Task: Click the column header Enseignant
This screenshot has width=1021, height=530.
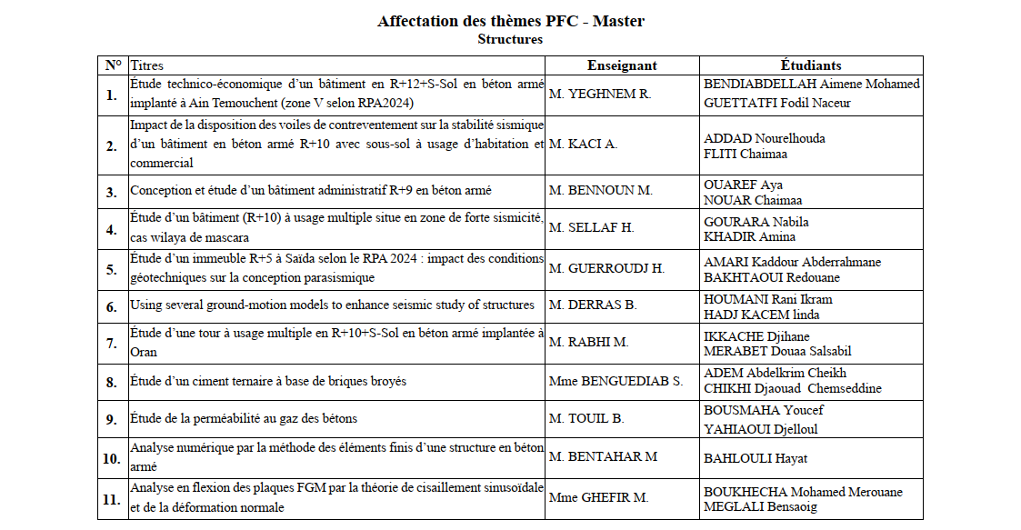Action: coord(622,65)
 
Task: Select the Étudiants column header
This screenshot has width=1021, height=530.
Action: coord(810,65)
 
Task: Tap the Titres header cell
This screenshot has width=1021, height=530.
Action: coord(147,65)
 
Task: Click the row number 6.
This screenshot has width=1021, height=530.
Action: coord(112,307)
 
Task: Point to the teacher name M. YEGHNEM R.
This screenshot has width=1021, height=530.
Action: coord(601,94)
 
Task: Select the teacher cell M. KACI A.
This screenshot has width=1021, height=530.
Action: coord(584,145)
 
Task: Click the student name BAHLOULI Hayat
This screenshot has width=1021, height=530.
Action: coord(756,458)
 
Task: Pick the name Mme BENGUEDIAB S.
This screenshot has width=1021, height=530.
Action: coord(616,382)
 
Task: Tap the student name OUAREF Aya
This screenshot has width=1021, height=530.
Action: coord(743,185)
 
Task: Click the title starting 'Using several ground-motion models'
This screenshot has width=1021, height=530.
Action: coord(332,305)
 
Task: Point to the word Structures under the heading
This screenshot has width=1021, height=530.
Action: coord(510,39)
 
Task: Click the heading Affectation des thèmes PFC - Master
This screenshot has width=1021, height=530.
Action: coord(510,21)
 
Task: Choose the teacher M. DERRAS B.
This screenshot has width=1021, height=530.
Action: coord(593,305)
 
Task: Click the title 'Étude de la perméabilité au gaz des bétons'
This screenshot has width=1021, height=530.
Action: coord(243,419)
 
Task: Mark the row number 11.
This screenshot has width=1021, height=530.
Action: coord(111,499)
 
